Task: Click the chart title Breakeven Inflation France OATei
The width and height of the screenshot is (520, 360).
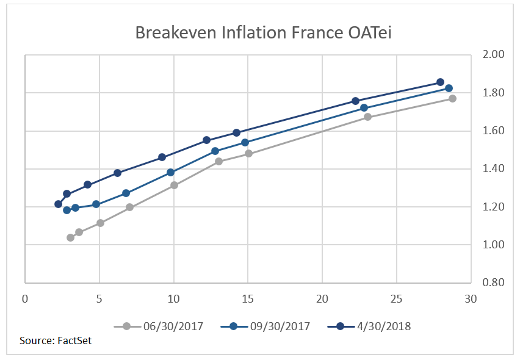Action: tap(263, 32)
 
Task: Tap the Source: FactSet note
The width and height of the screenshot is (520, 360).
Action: tap(56, 340)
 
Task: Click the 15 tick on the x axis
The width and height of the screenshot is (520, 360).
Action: tap(248, 299)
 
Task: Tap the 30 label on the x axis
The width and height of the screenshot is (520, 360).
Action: tap(471, 299)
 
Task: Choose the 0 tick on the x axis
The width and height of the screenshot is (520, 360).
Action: tap(25, 299)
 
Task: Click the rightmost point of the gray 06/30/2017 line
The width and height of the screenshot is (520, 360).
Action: tap(452, 98)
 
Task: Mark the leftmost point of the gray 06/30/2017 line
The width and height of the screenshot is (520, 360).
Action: tap(70, 237)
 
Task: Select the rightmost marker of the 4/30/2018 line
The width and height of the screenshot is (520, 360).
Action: tap(440, 82)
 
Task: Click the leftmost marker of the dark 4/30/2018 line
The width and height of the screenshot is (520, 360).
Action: tap(58, 204)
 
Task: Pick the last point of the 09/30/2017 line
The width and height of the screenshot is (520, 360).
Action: tap(449, 88)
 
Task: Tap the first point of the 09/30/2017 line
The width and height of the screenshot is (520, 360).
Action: tap(67, 210)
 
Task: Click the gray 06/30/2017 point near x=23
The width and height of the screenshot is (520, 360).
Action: tap(367, 117)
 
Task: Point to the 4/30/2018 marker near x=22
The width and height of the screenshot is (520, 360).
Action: tap(355, 101)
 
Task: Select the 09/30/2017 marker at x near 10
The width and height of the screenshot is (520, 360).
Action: tap(170, 173)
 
